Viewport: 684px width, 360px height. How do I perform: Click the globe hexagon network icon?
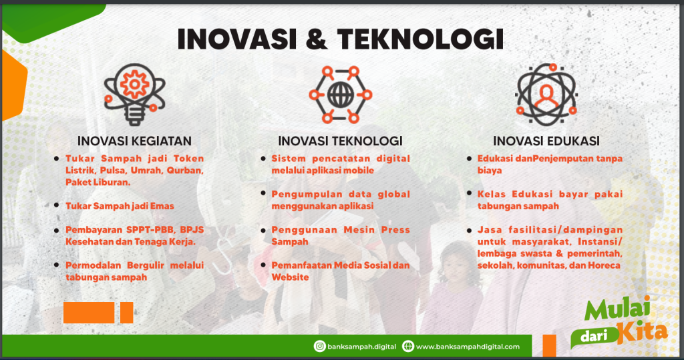340,95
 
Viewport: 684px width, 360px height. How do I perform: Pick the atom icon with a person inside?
546,95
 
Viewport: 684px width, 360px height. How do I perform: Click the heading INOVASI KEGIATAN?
134,141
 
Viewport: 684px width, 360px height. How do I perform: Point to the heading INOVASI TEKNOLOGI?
340,141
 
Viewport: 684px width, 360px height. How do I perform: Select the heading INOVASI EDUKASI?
546,141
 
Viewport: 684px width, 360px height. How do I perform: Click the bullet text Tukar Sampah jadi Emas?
120,207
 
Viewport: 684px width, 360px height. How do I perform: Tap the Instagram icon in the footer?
320,347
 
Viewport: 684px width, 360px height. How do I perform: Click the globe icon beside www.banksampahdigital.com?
408,347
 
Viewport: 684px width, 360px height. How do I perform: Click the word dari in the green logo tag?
591,337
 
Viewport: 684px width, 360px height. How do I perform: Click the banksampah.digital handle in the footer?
361,347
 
